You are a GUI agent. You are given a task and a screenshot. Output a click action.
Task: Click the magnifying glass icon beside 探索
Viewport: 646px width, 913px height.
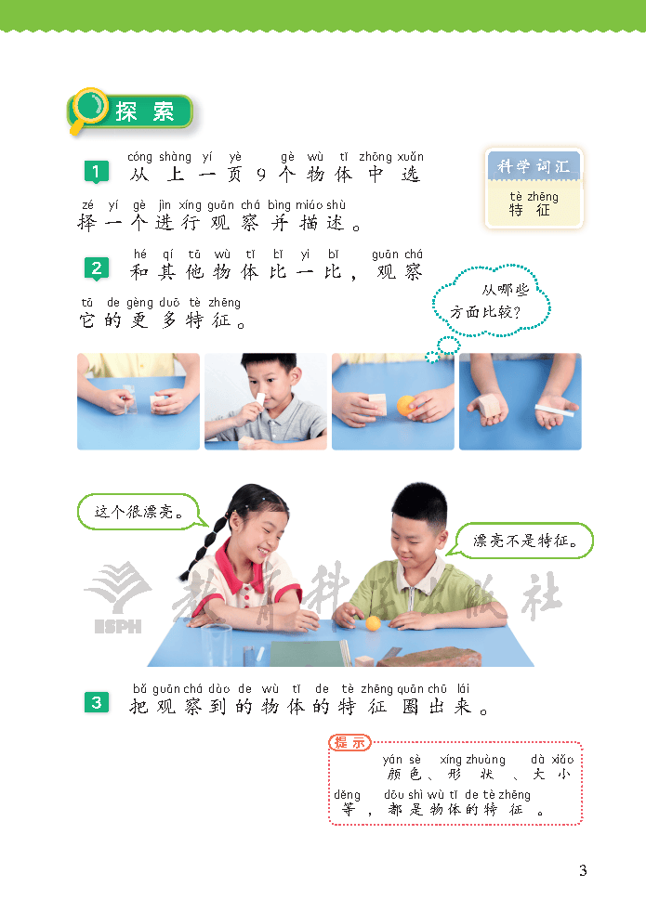88,110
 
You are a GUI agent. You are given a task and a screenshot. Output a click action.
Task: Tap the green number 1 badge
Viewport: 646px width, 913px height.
96,172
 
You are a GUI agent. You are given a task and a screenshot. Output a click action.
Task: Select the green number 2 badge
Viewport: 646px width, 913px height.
97,269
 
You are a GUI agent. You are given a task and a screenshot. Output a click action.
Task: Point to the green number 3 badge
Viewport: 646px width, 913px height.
97,703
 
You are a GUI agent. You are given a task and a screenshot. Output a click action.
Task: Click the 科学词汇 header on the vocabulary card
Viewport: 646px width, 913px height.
534,166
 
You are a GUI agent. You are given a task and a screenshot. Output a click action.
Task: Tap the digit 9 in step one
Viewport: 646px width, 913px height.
261,174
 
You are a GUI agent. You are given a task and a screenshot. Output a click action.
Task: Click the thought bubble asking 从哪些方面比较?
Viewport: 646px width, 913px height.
491,301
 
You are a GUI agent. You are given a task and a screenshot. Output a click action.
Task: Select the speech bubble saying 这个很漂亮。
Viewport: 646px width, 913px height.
138,512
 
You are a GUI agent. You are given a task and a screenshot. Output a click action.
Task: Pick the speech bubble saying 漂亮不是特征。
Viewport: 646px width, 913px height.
522,541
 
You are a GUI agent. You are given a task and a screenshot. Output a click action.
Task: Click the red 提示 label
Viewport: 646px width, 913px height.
349,742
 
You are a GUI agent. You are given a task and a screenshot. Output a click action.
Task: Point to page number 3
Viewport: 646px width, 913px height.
583,870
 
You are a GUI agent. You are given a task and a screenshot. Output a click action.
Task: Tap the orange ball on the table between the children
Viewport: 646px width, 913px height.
373,623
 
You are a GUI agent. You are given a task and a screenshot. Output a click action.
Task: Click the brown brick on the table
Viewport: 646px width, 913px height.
432,657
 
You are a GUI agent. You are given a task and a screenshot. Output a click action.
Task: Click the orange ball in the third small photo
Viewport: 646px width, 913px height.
406,405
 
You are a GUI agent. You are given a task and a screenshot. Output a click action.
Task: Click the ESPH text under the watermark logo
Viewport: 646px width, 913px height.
118,627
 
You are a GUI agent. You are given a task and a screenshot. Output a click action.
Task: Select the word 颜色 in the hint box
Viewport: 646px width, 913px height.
403,774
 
